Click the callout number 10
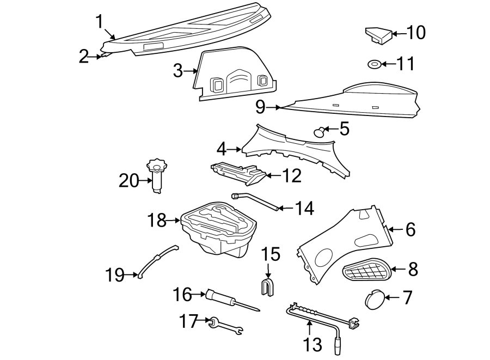tap(416, 33)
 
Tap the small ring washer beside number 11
tap(373, 64)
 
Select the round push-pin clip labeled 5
tap(319, 132)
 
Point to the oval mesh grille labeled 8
tap(367, 269)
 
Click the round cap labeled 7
tap(374, 300)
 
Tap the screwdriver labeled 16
tap(232, 301)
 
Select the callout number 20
tap(128, 181)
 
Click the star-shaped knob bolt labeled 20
tap(157, 175)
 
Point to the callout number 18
tap(157, 221)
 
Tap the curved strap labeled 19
tap(157, 261)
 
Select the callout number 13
tap(312, 344)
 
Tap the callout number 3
tap(178, 71)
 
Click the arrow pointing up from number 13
tap(309, 328)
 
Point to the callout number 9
tap(260, 107)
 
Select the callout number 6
tap(411, 229)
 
